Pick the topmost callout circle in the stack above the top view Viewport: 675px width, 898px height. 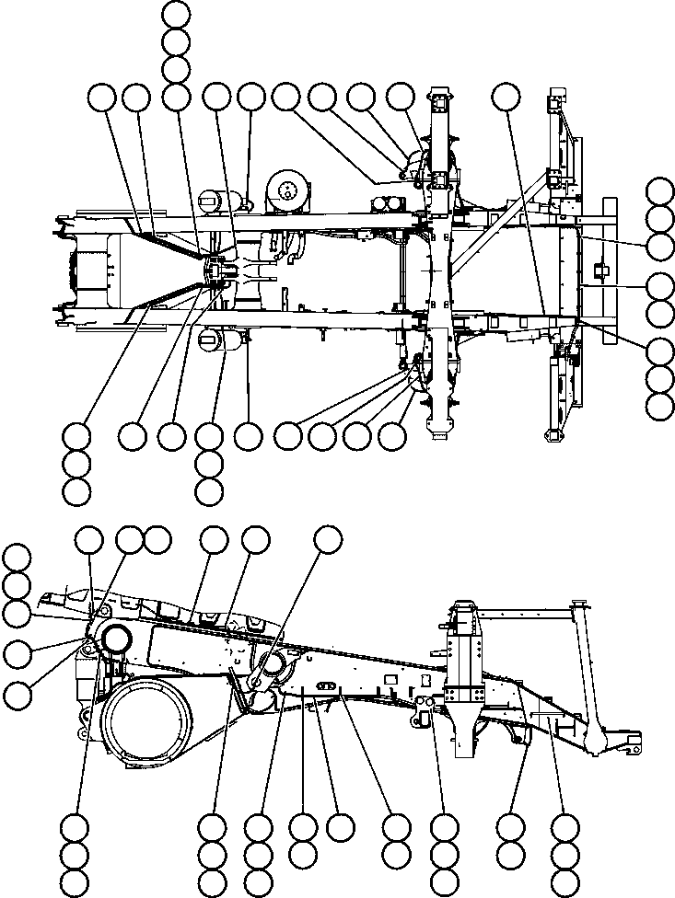click(176, 14)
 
